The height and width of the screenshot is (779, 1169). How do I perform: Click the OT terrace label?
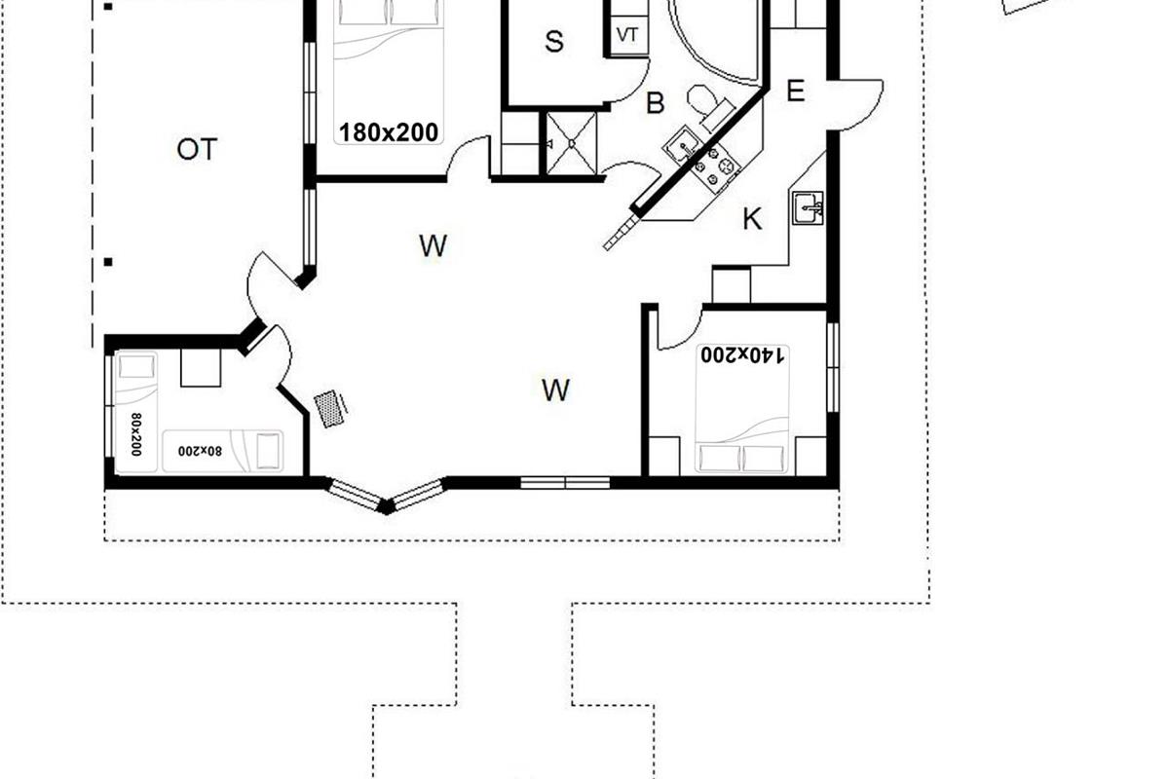tap(197, 150)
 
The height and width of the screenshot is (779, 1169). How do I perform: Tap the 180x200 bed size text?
tap(389, 132)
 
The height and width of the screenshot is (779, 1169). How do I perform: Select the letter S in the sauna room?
tap(554, 42)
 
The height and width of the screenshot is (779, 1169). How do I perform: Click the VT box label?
tap(626, 35)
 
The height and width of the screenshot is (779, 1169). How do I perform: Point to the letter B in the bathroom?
tap(656, 103)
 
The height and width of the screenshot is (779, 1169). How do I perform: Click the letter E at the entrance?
tap(795, 92)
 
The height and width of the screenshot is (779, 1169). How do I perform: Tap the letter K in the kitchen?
tap(752, 219)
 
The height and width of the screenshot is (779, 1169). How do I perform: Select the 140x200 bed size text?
tap(742, 354)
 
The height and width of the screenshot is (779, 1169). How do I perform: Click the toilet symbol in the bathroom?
tap(710, 107)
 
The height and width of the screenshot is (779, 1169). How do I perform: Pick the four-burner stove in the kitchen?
tap(714, 166)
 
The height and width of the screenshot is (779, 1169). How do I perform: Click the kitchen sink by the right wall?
tap(808, 208)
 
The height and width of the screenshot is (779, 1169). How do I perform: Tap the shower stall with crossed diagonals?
tap(571, 143)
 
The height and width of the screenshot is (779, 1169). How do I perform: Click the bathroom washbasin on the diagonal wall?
tap(682, 145)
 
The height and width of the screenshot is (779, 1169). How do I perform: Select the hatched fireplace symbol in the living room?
tap(331, 409)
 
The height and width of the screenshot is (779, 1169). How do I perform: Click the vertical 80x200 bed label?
tap(136, 434)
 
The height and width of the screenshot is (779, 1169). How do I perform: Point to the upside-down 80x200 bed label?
tap(201, 451)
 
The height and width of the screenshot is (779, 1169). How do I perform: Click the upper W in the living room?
tap(434, 245)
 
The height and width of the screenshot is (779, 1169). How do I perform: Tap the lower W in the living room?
tap(556, 389)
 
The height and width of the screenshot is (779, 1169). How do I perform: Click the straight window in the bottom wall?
tap(565, 483)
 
